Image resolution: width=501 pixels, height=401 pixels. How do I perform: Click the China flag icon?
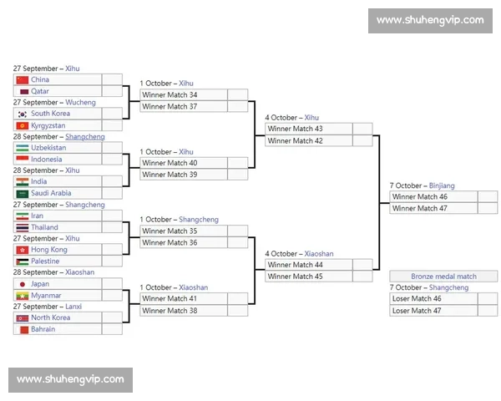point(23,79)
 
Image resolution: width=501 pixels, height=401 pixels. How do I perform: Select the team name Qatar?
point(40,91)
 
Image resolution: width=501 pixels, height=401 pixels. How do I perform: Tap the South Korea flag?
point(23,114)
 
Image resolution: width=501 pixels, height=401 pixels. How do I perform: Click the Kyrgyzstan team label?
point(48,125)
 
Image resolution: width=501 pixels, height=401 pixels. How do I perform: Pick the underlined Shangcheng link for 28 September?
point(85,136)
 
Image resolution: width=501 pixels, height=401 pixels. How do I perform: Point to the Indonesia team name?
point(47,160)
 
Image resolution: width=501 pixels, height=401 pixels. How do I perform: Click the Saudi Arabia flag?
point(23,194)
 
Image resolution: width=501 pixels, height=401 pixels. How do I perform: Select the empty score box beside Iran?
point(112,216)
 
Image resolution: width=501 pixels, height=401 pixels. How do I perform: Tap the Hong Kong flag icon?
point(23,250)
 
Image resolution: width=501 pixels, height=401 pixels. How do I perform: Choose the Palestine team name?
point(45,261)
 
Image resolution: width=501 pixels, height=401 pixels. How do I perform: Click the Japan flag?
point(23,284)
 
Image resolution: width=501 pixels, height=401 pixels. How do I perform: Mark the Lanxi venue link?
point(73,307)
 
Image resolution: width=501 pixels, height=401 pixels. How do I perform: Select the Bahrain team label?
point(43,329)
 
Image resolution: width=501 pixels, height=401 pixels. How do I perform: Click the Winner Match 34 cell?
point(184,94)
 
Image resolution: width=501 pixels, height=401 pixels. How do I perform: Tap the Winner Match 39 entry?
point(184,175)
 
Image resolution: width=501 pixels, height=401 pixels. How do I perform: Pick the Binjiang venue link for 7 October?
point(442,185)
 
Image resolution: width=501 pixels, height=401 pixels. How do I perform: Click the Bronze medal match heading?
point(443,277)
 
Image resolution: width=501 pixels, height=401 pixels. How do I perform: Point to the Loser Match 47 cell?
point(433,311)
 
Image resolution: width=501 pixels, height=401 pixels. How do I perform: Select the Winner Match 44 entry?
point(309,265)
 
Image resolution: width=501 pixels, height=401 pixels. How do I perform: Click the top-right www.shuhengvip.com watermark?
point(430,20)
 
